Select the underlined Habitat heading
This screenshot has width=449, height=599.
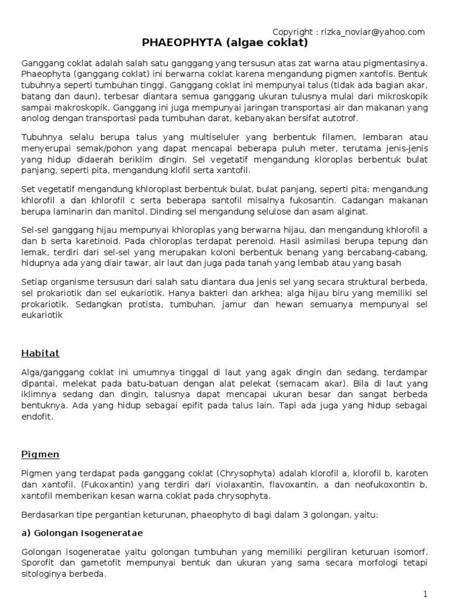[x=40, y=353]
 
